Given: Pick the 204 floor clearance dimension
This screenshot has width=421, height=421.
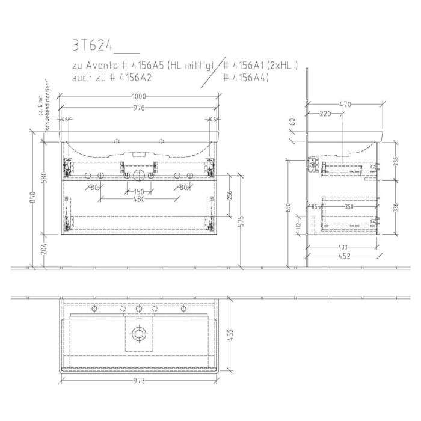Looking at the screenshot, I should (x=44, y=250).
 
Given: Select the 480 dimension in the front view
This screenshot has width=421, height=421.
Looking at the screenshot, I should (x=139, y=200).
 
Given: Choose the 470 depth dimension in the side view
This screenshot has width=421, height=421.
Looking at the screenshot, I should (x=345, y=104).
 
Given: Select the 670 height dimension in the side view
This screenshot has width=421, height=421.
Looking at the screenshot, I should (x=289, y=208).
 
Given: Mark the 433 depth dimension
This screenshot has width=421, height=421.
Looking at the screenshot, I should (x=342, y=247).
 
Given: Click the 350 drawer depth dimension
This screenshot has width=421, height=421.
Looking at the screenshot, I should (x=350, y=207).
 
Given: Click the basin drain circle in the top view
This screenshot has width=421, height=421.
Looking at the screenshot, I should (x=139, y=333).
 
